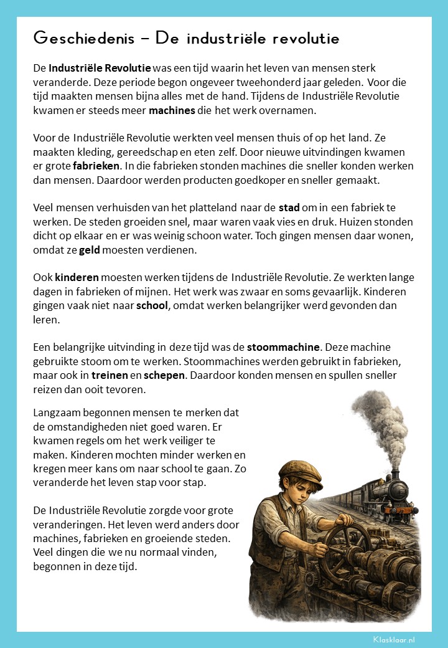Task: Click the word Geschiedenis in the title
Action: [x=85, y=39]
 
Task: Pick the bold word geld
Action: [x=90, y=250]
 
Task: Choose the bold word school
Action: [x=152, y=305]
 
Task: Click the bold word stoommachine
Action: [x=284, y=347]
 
